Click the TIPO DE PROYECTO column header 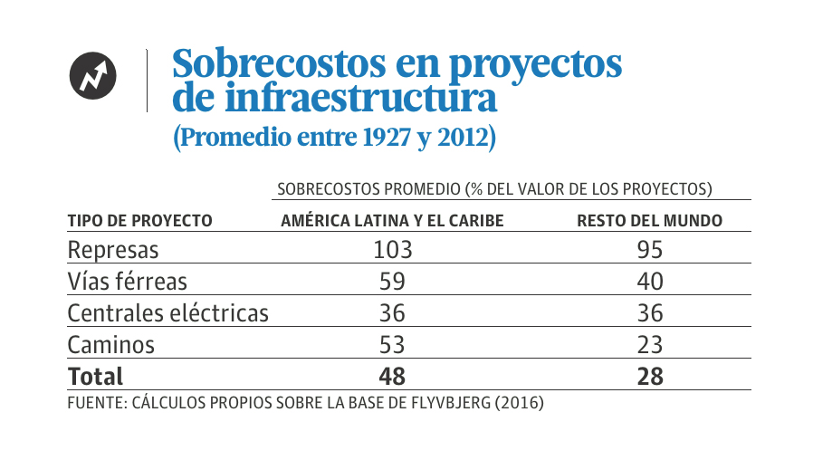pos(140,221)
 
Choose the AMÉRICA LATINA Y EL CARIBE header pos(392,221)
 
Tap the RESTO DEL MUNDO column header pos(649,221)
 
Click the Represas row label pos(113,249)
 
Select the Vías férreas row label pos(126,281)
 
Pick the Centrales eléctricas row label pos(168,312)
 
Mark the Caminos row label pos(111,344)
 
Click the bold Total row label pos(95,375)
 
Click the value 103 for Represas pos(392,249)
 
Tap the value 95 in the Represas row pos(649,249)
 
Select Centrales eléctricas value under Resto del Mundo pos(649,312)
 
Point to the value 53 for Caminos pos(392,344)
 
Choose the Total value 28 pos(649,375)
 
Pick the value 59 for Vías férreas pos(392,281)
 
